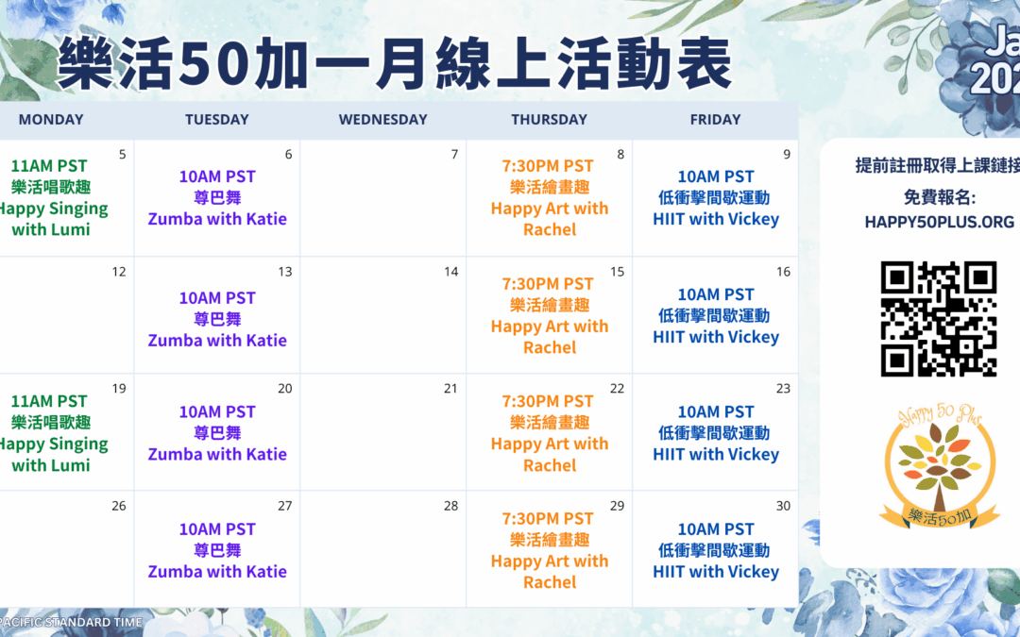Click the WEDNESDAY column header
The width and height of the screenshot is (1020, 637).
point(382,120)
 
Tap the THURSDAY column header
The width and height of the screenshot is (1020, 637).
point(549,120)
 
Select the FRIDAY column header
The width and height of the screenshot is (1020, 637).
point(715,120)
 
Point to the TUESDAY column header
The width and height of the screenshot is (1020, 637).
point(216,120)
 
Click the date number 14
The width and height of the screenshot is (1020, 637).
point(451,272)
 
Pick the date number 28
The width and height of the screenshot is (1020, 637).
point(451,506)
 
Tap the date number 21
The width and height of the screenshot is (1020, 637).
point(451,389)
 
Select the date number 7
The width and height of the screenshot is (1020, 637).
point(454,155)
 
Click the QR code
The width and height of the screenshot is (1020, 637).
point(939,319)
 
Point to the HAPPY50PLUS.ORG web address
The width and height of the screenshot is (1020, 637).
point(939,223)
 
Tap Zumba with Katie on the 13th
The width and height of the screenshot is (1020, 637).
point(217,340)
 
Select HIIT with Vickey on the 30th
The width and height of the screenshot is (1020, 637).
point(716,571)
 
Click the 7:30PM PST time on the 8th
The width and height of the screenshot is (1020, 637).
point(549,166)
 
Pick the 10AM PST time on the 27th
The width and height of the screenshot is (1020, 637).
point(217,529)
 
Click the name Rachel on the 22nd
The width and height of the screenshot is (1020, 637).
point(550,465)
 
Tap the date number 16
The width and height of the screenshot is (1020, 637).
point(784,272)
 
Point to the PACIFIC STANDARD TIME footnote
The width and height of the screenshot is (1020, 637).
point(72,622)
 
